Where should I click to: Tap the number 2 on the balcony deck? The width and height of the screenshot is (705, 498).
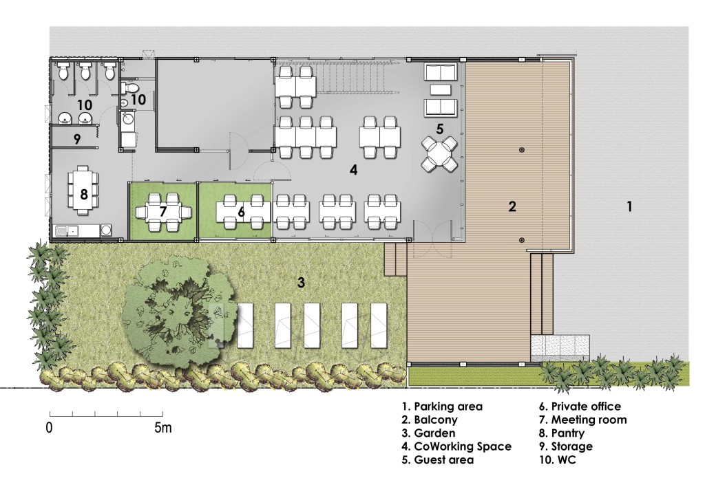point(512,206)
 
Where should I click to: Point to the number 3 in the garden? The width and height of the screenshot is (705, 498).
point(301,281)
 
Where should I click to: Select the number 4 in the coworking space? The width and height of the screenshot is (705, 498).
point(353,169)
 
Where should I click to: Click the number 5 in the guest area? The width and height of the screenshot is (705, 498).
point(439,128)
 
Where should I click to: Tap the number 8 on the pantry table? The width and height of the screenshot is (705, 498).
point(83,194)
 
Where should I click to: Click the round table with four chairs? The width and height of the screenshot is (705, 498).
point(439,154)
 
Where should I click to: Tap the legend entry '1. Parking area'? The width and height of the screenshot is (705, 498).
point(441,407)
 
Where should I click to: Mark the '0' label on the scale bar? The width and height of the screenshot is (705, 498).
point(50,428)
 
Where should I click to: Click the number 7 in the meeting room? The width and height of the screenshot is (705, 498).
point(163,211)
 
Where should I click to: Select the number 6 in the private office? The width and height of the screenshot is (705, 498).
point(241,212)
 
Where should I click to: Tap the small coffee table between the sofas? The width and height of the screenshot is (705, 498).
point(440,89)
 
